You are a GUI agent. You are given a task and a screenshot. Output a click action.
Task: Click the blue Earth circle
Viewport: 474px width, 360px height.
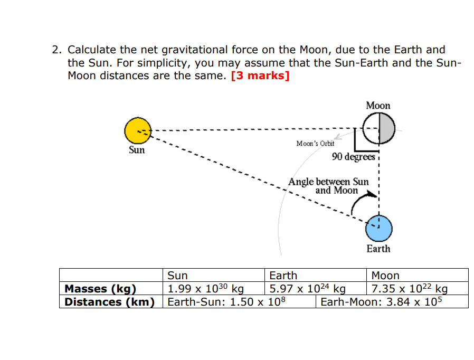(379, 228)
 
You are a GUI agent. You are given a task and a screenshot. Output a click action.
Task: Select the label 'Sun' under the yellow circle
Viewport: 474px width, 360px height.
(137, 150)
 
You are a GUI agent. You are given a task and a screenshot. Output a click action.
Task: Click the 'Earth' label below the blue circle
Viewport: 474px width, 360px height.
(378, 249)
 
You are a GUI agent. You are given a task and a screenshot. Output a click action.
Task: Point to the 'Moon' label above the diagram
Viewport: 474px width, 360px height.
(378, 106)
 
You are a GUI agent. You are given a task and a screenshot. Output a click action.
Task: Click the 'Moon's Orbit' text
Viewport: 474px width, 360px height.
(315, 144)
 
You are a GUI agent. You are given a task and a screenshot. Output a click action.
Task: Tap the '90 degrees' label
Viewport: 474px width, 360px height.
(353, 157)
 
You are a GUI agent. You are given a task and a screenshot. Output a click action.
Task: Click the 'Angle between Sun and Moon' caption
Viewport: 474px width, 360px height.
(329, 186)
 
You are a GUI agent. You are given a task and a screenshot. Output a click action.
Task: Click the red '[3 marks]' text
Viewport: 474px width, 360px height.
(260, 75)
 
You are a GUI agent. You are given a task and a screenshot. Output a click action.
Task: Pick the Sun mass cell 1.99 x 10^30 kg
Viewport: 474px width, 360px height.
(205, 289)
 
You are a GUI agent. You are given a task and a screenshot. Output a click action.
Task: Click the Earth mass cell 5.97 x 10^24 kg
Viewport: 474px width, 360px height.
(307, 289)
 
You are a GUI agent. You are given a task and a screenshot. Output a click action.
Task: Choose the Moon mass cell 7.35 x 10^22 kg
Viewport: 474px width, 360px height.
(410, 289)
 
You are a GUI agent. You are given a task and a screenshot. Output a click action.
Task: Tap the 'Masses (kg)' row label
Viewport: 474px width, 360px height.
(100, 289)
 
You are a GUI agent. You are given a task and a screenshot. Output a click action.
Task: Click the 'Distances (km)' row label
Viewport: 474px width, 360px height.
(109, 302)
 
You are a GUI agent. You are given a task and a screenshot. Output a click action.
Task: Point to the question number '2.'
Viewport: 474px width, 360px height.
(57, 50)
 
